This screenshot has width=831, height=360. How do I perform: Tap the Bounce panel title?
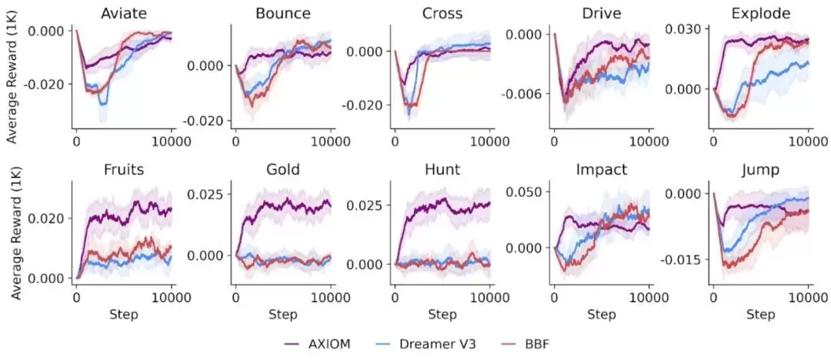point(282,13)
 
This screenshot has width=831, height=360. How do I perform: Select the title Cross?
point(442,13)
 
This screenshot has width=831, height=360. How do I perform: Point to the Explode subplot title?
point(760,13)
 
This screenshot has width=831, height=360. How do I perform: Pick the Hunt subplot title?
point(442,169)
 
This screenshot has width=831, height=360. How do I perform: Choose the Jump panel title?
point(760,169)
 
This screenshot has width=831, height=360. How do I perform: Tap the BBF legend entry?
point(534,344)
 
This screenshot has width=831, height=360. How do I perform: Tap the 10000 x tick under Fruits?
point(171,296)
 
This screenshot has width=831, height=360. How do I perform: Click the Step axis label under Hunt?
point(442,315)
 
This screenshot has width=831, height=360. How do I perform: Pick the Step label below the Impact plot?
point(602,315)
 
